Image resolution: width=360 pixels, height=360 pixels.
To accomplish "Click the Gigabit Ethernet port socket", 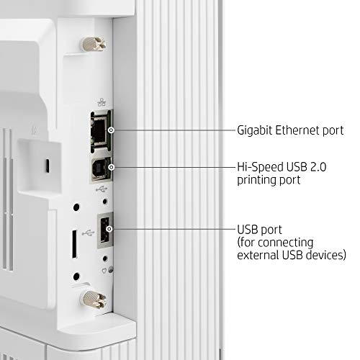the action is click(100, 131).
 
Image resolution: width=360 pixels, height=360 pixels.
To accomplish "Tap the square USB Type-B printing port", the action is click(101, 169).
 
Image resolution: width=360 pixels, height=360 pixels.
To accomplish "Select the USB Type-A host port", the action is click(105, 230).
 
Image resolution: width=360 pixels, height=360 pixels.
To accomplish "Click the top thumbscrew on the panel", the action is click(94, 44).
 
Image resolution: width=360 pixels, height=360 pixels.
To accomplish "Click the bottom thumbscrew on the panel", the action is click(94, 300).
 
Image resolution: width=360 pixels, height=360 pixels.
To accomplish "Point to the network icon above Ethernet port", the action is click(102, 102).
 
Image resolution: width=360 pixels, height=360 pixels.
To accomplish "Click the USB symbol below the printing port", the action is click(102, 189).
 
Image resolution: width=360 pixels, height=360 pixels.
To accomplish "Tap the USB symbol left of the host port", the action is click(88, 233).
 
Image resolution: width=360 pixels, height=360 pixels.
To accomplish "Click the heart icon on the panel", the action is click(104, 271).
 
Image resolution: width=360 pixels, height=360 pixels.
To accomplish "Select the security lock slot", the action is click(48, 166).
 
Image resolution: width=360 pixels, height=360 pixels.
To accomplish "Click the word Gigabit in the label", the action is click(255, 131).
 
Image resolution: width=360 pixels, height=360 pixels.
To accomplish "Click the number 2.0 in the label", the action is click(318, 167).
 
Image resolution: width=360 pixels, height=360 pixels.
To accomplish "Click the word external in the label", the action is click(258, 255).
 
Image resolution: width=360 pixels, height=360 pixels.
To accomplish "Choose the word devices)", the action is click(326, 255).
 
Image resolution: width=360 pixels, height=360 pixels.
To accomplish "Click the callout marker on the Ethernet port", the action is click(111, 130).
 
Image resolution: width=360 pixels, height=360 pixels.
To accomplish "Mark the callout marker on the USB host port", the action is click(109, 229).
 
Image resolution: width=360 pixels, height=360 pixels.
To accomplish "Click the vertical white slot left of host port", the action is click(75, 244).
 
